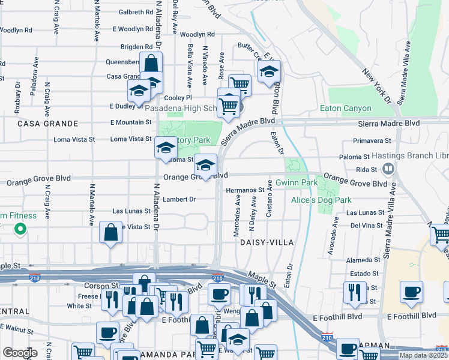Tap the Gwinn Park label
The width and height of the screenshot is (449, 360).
tap(297, 182)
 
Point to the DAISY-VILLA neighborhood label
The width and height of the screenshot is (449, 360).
tap(267, 242)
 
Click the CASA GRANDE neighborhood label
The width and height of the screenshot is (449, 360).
tap(48, 124)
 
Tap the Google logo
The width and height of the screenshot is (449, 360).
tap(19, 352)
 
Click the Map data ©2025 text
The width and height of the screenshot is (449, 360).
tap(423, 355)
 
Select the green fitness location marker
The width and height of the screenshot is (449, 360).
tap(20, 228)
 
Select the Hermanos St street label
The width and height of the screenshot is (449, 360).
tap(246, 190)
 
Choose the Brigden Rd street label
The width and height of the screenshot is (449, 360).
tap(137, 46)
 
